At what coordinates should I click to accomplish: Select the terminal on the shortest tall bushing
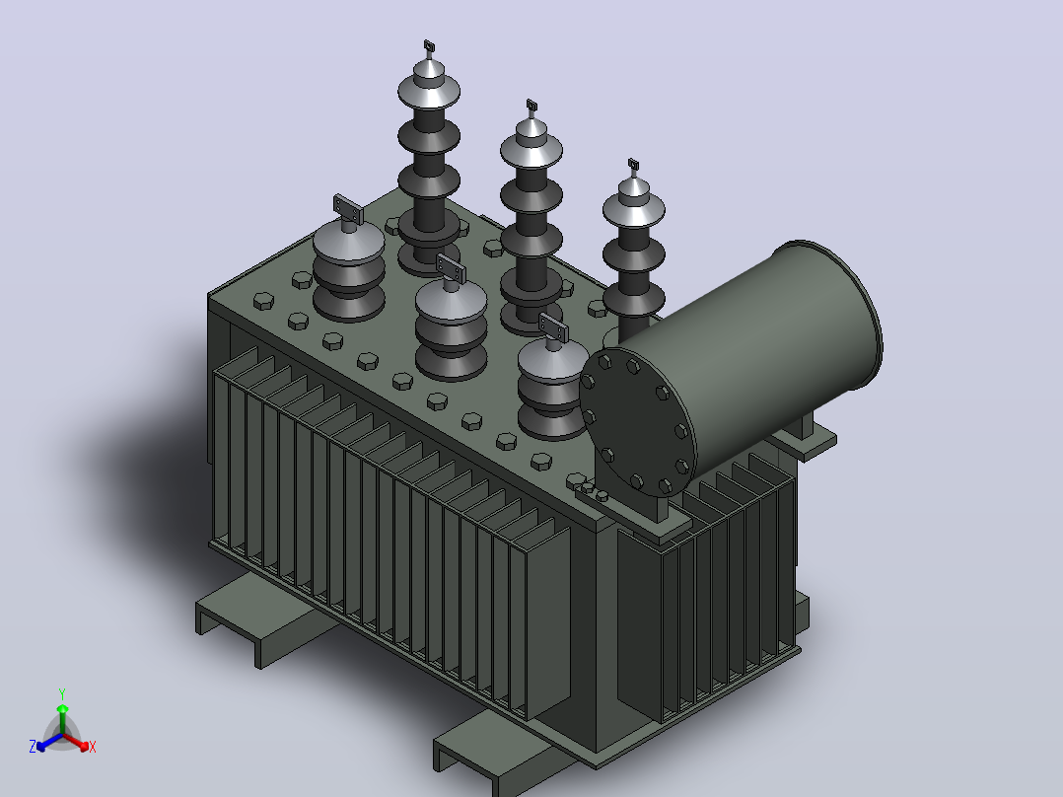[634, 165]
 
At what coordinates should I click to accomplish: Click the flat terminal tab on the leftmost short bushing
[348, 209]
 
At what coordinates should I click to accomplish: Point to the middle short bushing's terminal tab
[451, 268]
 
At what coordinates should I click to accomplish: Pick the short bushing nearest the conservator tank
[552, 387]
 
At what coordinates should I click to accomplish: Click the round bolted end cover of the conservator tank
[638, 424]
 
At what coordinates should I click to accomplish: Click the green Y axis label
[62, 693]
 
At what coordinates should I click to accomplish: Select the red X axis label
[93, 747]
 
